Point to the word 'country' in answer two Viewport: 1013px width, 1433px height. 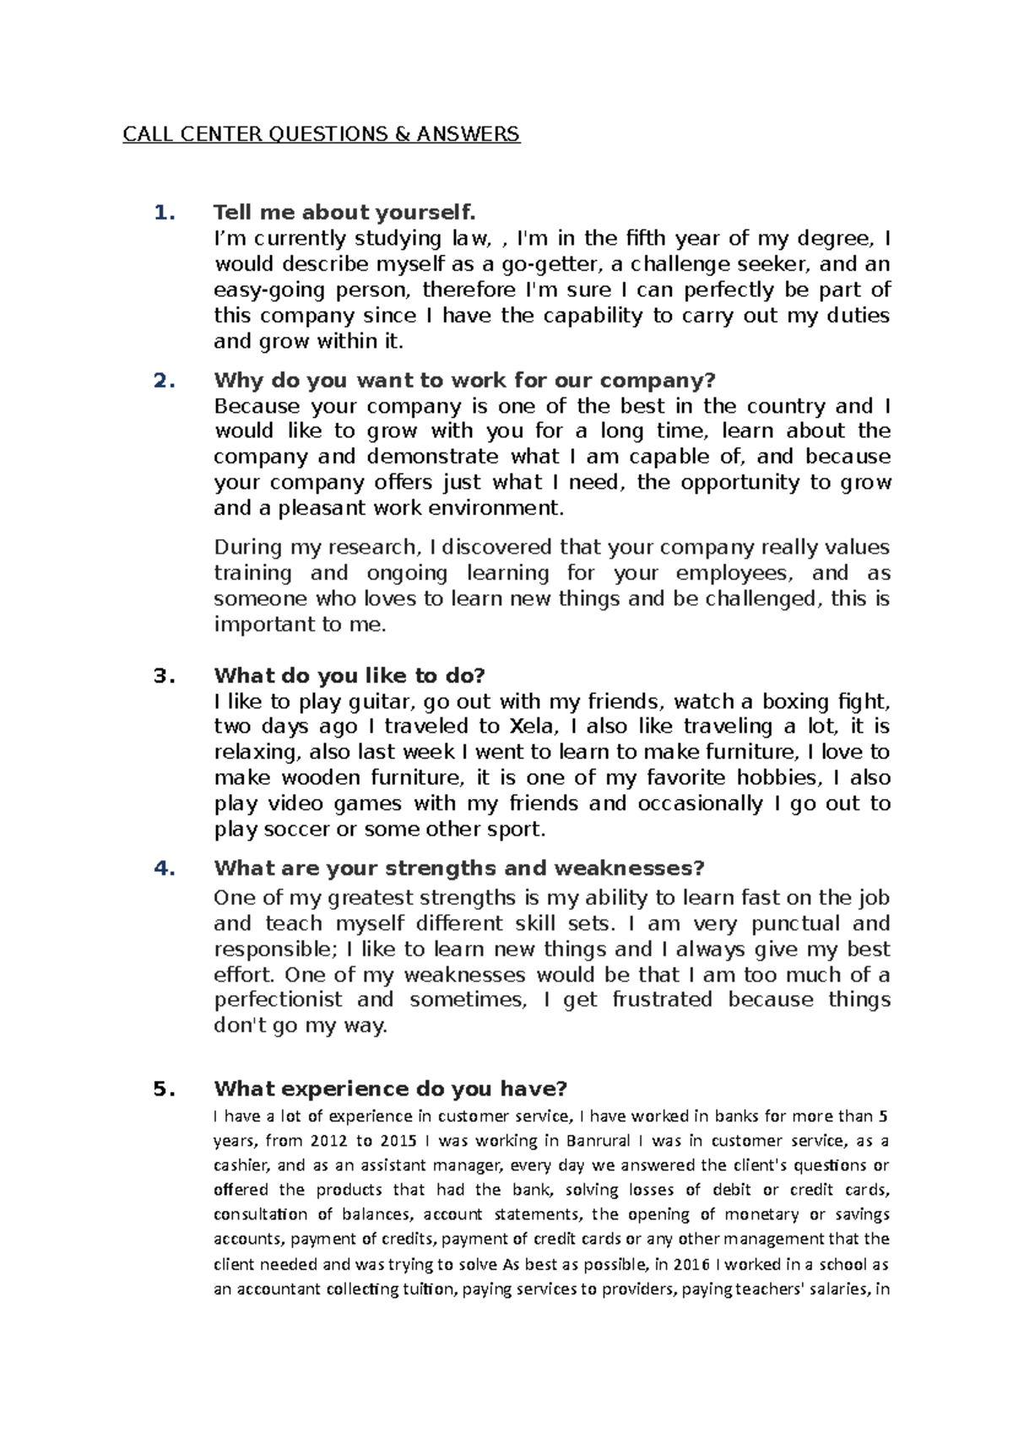coord(784,406)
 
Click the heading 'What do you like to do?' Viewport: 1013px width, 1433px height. coord(350,676)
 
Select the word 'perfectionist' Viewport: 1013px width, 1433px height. coord(279,1000)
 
